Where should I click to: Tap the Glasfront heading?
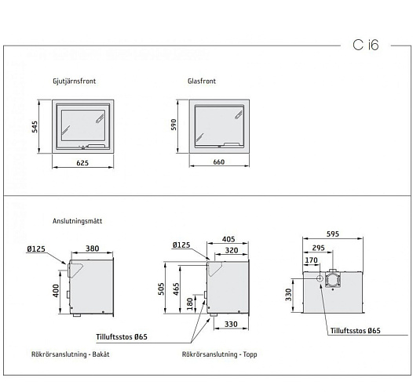[x=202, y=81]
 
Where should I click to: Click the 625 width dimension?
[x=82, y=163]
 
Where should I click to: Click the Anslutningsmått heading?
[x=77, y=222]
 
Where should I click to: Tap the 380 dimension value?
[x=92, y=249]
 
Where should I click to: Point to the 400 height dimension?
[x=56, y=289]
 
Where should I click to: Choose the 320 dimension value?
[x=232, y=252]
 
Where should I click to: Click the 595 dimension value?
[x=333, y=233]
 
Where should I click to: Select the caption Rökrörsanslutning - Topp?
[x=219, y=354]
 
